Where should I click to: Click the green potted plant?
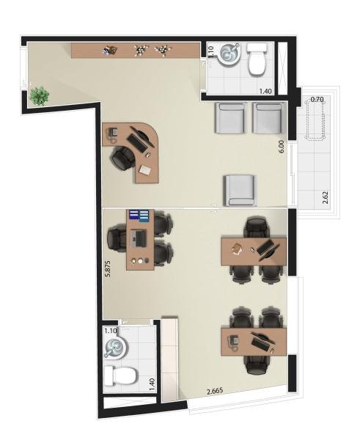(40, 95)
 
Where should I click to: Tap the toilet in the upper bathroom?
(257, 59)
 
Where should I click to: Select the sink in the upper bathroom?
(229, 54)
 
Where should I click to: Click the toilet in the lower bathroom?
(121, 376)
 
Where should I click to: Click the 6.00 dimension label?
(282, 147)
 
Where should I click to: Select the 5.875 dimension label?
(108, 269)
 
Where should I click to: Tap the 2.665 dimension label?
(215, 392)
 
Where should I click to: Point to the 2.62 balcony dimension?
(326, 199)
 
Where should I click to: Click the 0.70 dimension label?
(317, 99)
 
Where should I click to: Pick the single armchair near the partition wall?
(240, 191)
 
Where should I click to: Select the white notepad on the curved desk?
(144, 170)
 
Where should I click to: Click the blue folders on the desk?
(139, 216)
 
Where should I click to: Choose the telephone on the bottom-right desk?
(233, 342)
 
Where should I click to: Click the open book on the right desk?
(237, 249)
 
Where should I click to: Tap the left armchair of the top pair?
(231, 117)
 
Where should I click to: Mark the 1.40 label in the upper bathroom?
(265, 91)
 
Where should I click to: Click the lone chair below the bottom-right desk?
(257, 365)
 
